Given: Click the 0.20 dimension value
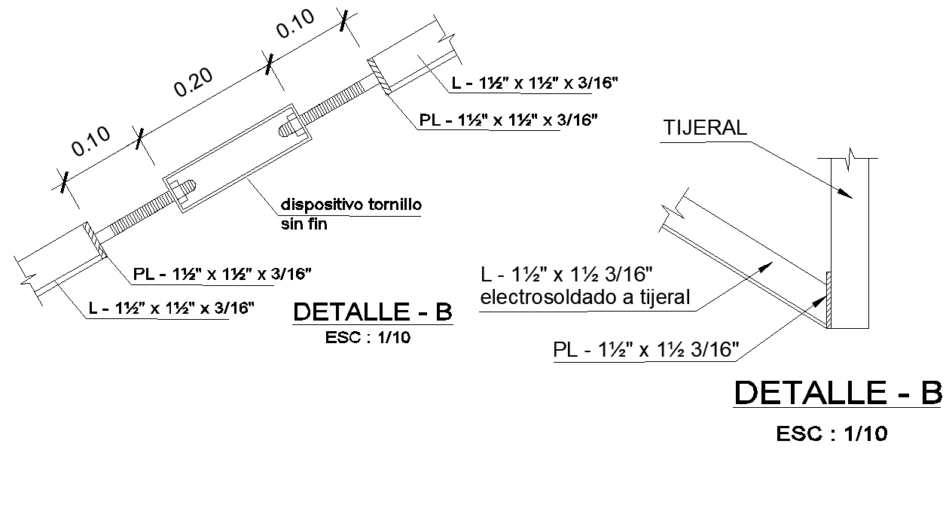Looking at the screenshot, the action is (x=193, y=82).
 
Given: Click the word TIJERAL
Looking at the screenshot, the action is (x=705, y=128).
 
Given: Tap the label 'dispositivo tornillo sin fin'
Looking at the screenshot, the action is (x=351, y=214).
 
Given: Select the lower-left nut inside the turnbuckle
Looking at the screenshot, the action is (x=185, y=189).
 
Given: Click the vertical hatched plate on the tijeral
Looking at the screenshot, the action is (x=828, y=300).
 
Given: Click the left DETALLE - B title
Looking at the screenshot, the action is (x=373, y=312).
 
